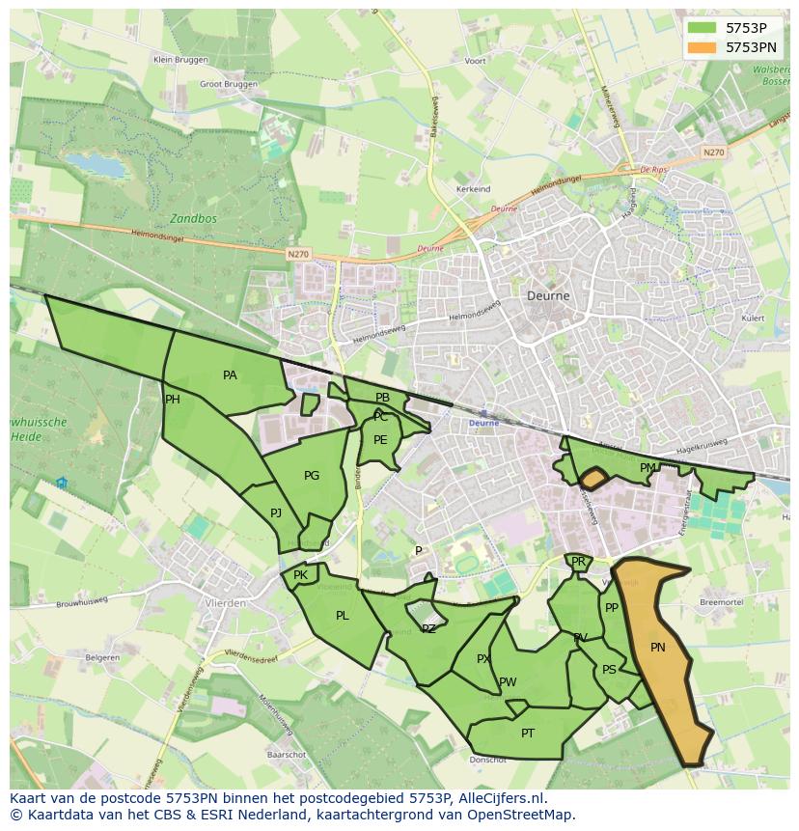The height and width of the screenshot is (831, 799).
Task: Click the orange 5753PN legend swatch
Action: click(x=702, y=47)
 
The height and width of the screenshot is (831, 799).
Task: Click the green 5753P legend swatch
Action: click(x=702, y=28)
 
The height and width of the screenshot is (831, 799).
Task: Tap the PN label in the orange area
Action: click(x=658, y=648)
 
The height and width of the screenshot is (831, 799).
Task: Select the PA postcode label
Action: click(x=230, y=375)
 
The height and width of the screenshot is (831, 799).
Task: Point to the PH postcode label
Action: click(x=173, y=400)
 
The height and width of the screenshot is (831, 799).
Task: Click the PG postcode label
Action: click(x=312, y=476)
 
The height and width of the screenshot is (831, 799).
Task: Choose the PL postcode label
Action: click(x=343, y=616)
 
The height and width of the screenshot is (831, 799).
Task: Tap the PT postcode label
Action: click(x=528, y=734)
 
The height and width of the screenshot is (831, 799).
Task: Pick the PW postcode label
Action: click(x=508, y=682)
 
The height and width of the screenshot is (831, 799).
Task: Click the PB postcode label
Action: click(x=383, y=398)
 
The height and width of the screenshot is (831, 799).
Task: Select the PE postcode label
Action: click(x=380, y=440)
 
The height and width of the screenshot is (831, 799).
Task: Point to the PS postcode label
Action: click(x=609, y=670)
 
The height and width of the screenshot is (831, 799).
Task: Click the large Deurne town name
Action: click(x=548, y=296)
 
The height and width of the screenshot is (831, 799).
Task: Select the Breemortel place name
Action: click(x=721, y=601)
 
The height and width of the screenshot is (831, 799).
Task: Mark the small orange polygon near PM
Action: click(x=592, y=477)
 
